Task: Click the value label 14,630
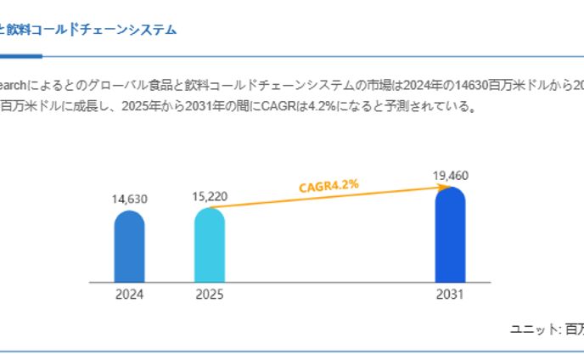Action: tap(130, 200)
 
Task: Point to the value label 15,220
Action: tap(210, 196)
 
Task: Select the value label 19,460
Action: tap(450, 176)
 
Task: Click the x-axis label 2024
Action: tap(129, 295)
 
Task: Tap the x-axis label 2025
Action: tap(210, 295)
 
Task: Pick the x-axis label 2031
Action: tap(450, 295)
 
